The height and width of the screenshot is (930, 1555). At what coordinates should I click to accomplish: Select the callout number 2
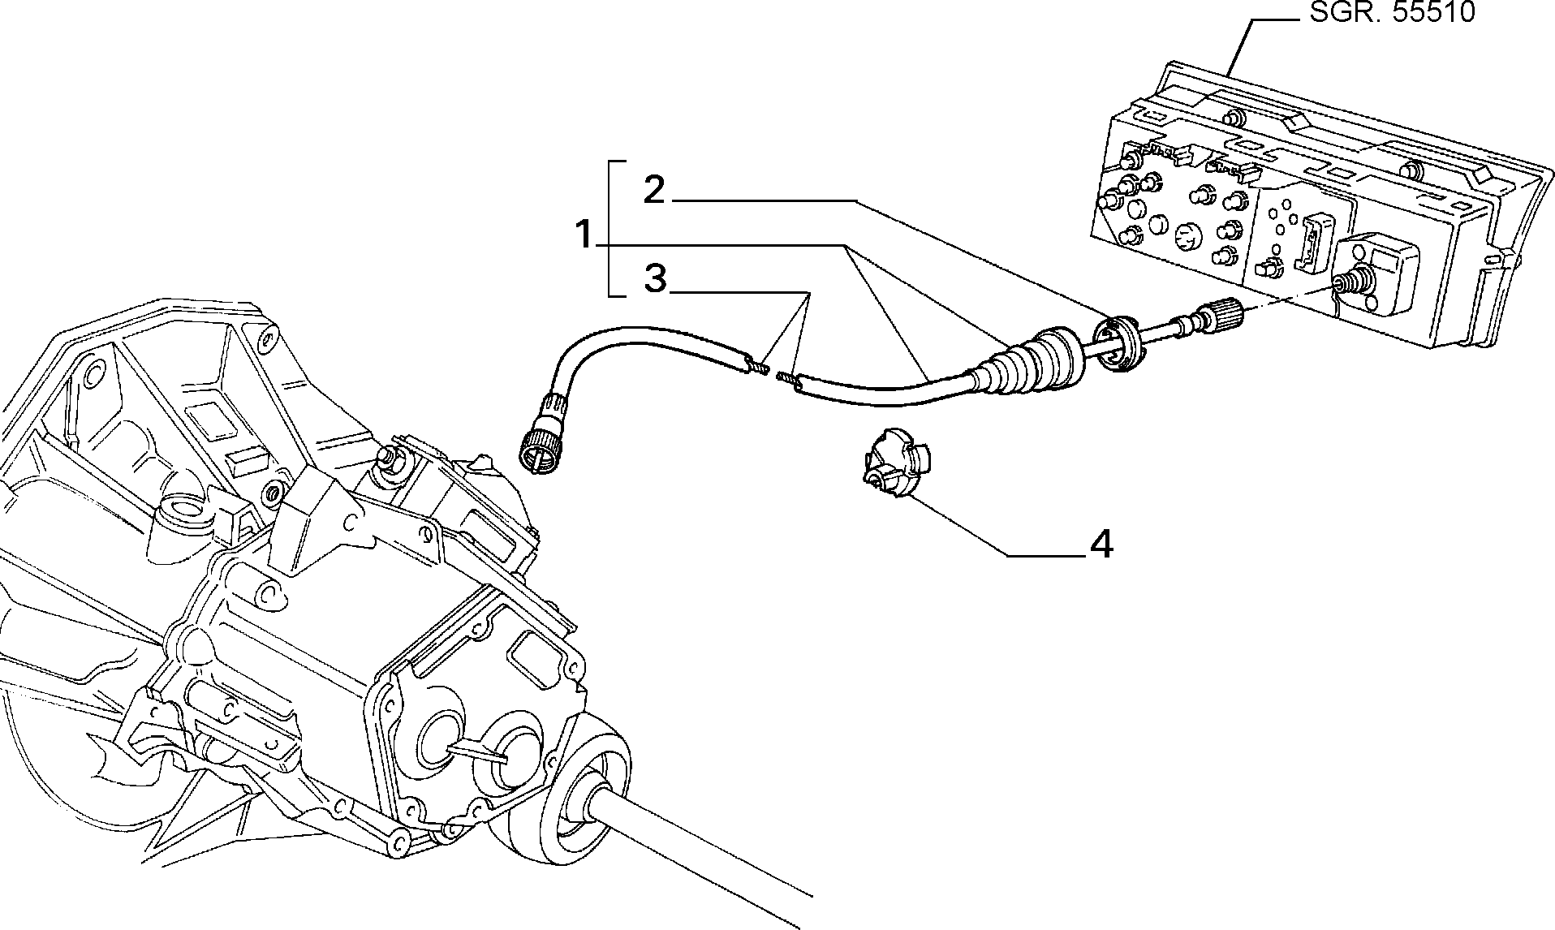coord(653,190)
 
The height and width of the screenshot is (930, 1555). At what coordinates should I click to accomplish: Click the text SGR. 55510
coord(1392,13)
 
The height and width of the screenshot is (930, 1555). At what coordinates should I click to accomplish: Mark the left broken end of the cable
coord(755,365)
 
